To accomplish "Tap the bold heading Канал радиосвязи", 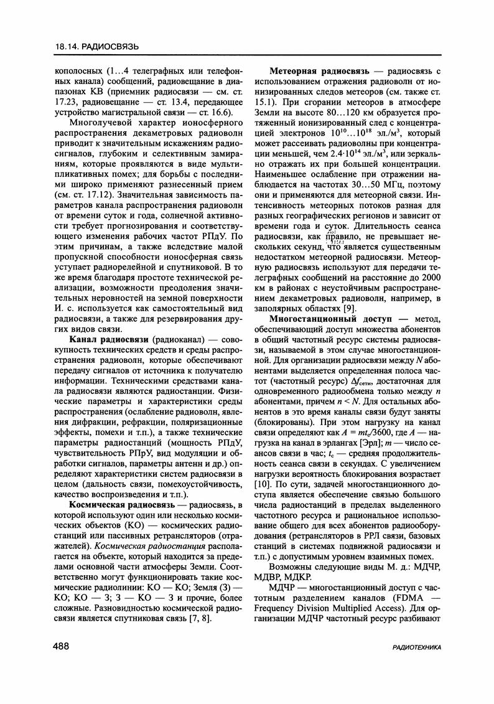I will tap(109, 339).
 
